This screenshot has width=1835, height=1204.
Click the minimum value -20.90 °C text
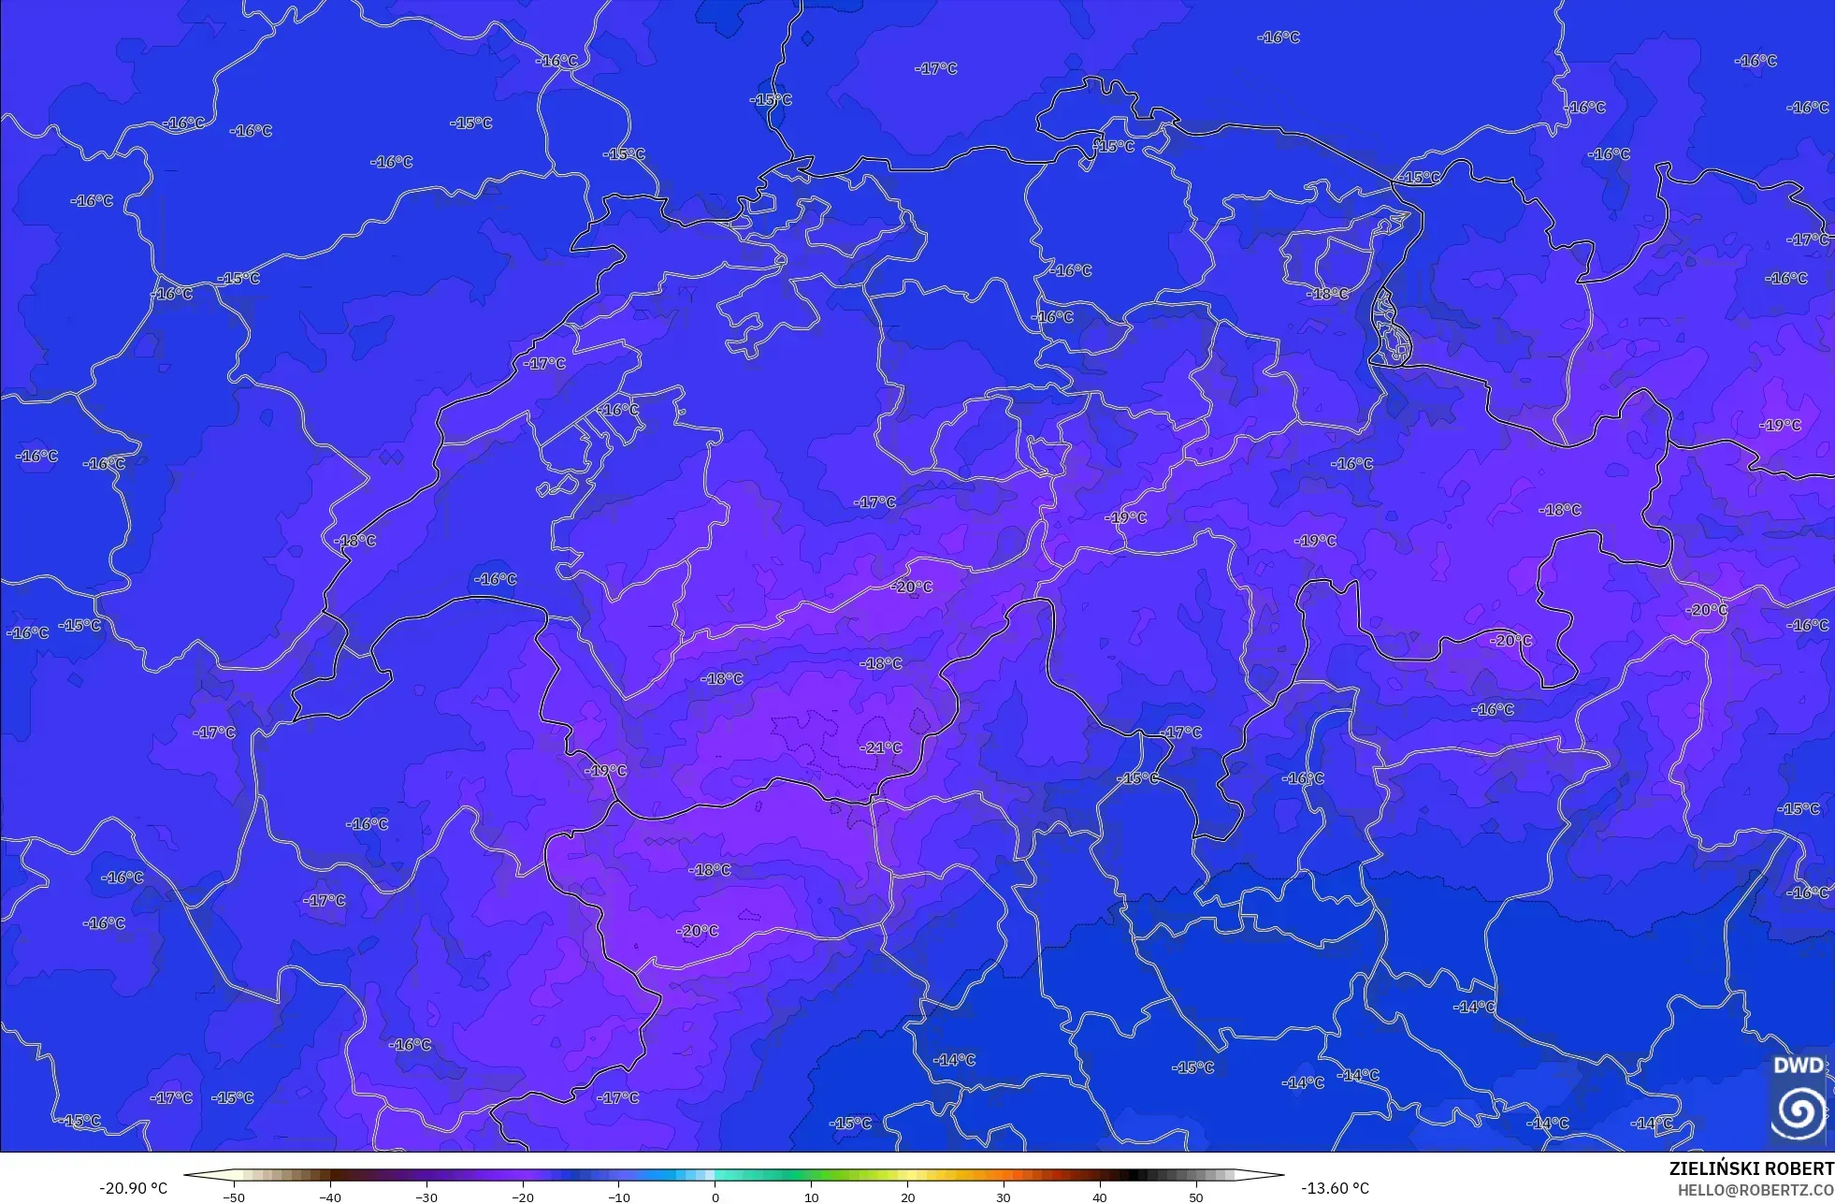(134, 1188)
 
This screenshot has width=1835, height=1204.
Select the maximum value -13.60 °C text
(1335, 1188)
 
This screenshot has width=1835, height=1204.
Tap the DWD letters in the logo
(1798, 1066)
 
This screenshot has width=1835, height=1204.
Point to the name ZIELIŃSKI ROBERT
(1751, 1168)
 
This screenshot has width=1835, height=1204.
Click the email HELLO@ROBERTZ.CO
(1755, 1190)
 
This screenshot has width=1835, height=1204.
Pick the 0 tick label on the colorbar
(715, 1197)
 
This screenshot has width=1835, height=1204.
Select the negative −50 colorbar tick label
(234, 1197)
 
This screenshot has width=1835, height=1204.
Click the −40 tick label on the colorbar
(330, 1197)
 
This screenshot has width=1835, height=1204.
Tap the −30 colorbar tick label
(426, 1197)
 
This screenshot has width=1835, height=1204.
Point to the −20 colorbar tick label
(523, 1197)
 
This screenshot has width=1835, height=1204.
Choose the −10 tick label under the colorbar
(619, 1197)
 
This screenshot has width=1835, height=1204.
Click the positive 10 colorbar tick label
(811, 1197)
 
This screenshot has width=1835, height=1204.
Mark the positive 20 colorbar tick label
(907, 1197)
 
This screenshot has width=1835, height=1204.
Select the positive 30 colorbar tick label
(1004, 1197)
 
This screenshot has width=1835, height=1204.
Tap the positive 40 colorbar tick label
(1100, 1197)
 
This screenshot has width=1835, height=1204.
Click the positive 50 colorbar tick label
(1196, 1197)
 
